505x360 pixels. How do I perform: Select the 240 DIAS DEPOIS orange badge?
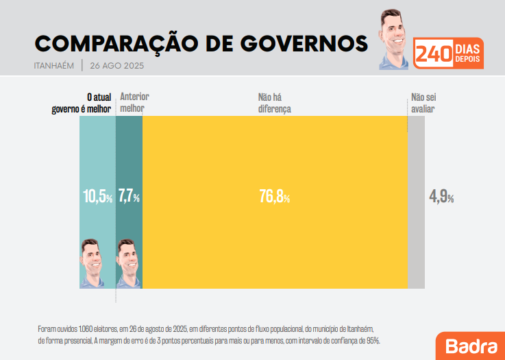click(x=449, y=53)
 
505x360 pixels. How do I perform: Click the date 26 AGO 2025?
click(x=116, y=67)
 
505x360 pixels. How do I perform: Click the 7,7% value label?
click(x=129, y=197)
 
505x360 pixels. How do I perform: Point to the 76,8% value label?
click(x=274, y=197)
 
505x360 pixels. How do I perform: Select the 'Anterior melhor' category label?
click(x=134, y=103)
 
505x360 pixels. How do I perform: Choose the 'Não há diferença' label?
click(x=274, y=103)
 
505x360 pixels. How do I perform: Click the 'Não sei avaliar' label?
click(x=423, y=103)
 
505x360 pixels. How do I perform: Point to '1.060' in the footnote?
click(x=86, y=327)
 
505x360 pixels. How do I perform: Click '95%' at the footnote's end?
click(x=373, y=340)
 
